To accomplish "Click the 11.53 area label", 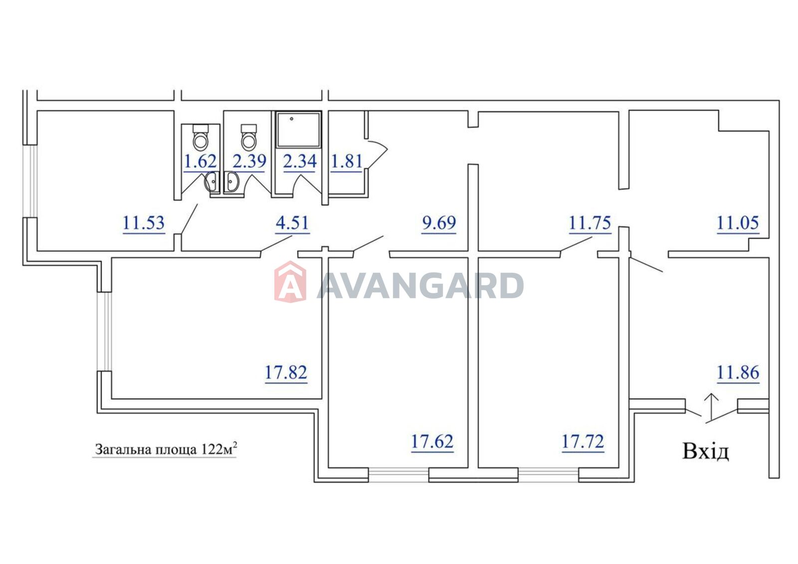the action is [x=144, y=223].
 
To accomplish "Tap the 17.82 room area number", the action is [x=286, y=373].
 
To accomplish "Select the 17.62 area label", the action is [x=432, y=442].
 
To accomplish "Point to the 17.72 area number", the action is [x=583, y=442].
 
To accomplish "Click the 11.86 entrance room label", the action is [x=738, y=373].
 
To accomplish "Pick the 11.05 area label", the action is [x=738, y=223].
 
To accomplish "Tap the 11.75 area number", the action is [x=590, y=223].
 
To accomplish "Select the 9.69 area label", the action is [x=439, y=223].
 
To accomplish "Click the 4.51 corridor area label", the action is [x=292, y=223].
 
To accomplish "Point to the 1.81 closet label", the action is [x=347, y=162].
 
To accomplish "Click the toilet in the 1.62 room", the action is [x=200, y=137].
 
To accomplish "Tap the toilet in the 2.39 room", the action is [x=248, y=137].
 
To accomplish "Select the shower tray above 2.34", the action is [x=299, y=130].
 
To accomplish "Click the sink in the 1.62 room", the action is [x=212, y=182].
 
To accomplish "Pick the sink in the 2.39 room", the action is [x=231, y=182].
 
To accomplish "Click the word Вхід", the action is [x=706, y=451].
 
